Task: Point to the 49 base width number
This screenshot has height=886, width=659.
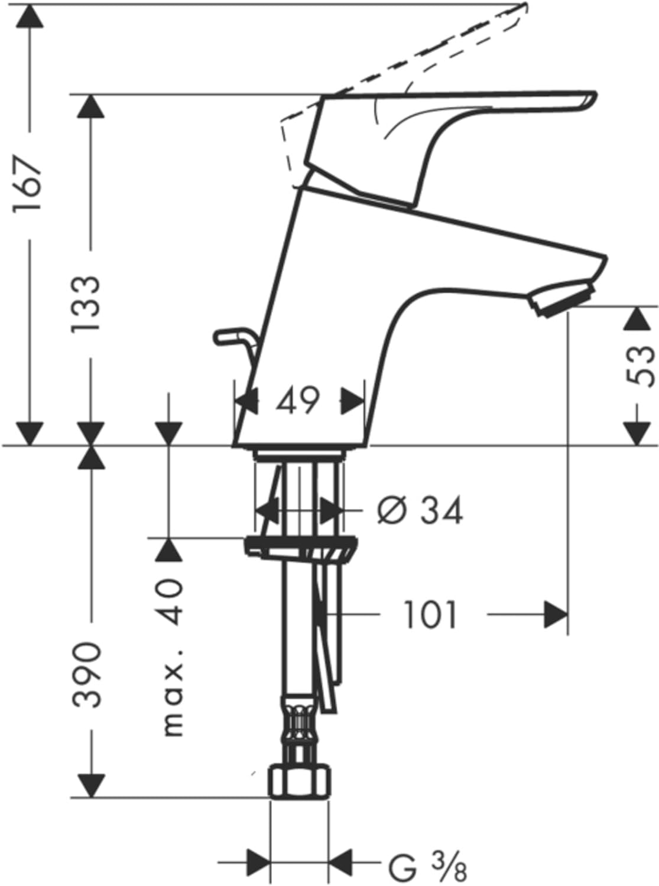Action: pos(298,400)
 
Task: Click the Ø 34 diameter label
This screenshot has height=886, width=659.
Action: pos(420,510)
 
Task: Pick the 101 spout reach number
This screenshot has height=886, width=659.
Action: pos(430,615)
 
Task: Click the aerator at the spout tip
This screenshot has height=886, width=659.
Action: pos(563,299)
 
